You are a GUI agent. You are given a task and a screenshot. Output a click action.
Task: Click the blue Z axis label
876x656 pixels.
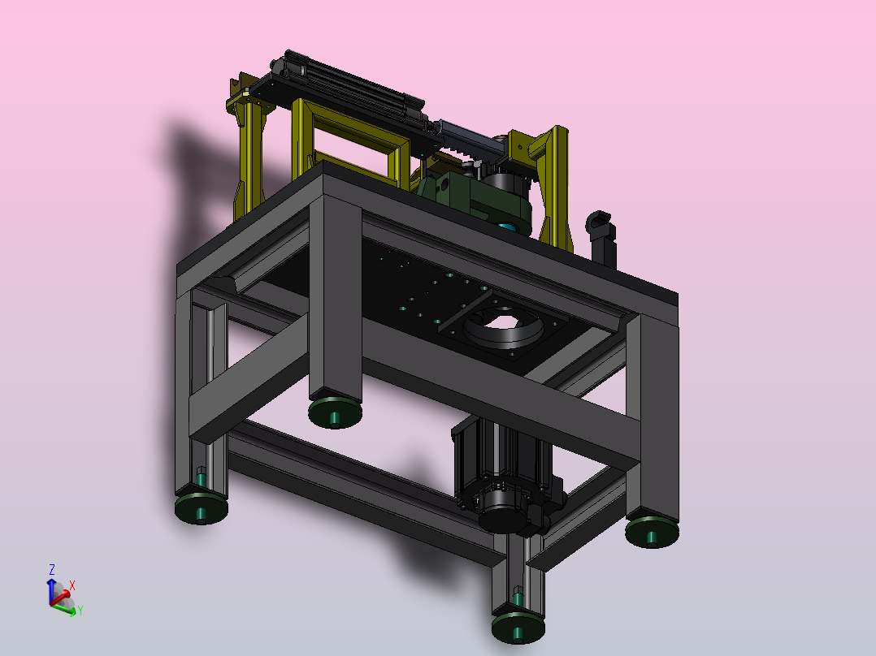[x=52, y=569]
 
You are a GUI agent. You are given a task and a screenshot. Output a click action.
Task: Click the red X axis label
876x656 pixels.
[x=72, y=585]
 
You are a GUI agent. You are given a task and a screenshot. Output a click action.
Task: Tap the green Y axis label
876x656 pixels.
[x=80, y=611]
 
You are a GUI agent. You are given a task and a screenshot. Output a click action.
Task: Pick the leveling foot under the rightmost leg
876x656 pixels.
[x=652, y=532]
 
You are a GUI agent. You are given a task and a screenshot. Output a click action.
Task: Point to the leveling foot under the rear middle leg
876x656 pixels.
[x=335, y=413]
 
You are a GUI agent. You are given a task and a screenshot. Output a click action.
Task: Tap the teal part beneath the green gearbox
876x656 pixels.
[x=508, y=227]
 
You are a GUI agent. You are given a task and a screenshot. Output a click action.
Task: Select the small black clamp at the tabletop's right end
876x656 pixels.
[x=601, y=237]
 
